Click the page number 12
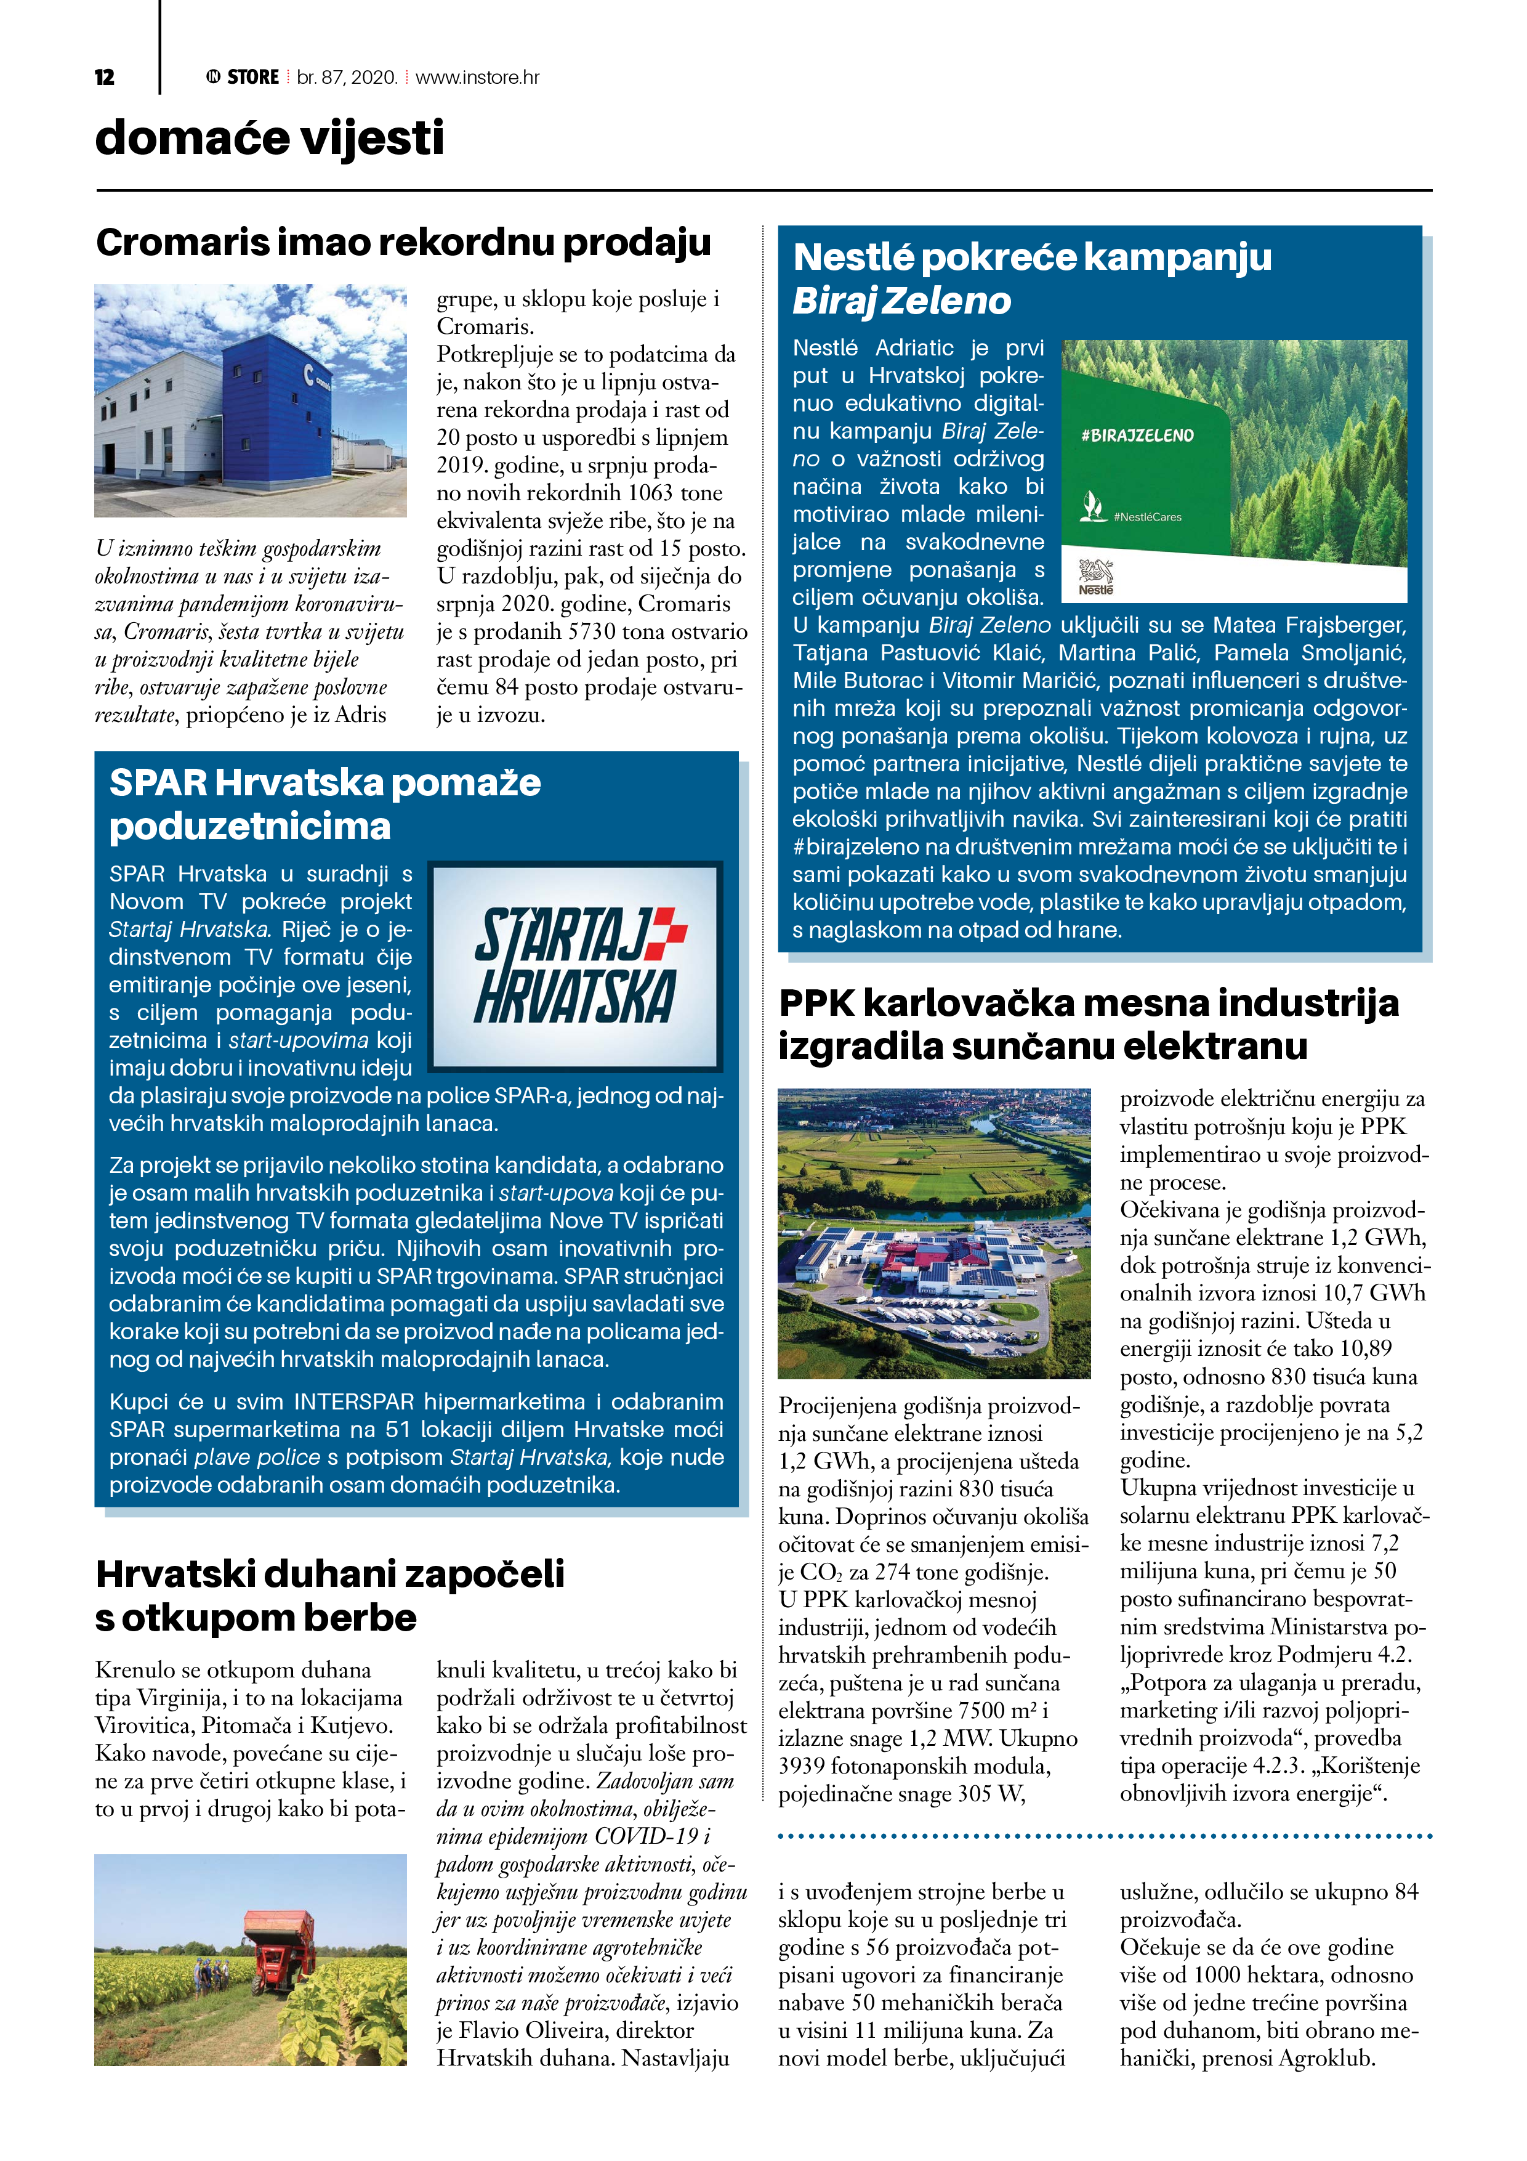pos(105,77)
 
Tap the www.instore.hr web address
pos(477,77)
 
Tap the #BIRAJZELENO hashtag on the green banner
pos(1137,436)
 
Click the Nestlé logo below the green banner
pos(1095,576)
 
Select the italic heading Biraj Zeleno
pos(901,301)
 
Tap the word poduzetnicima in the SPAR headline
pos(249,826)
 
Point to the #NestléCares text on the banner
pos(1147,517)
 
